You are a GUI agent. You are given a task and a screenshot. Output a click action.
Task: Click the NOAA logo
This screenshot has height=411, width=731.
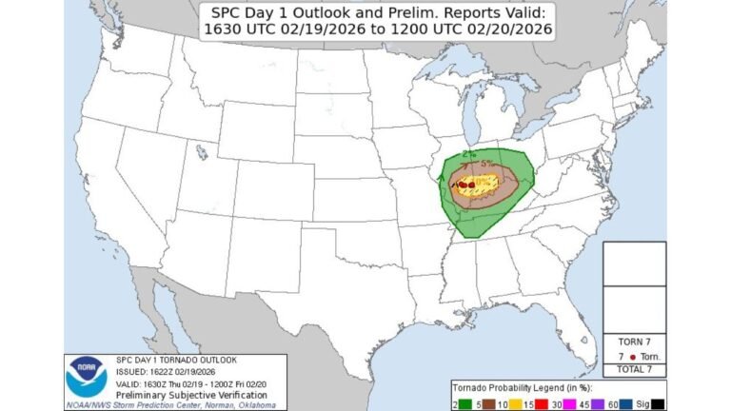pos(85,377)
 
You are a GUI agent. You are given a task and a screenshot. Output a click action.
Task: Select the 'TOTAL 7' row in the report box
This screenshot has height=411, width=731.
pos(635,368)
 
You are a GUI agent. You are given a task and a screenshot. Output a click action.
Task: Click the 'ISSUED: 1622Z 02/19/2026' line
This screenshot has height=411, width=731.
pos(159,371)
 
